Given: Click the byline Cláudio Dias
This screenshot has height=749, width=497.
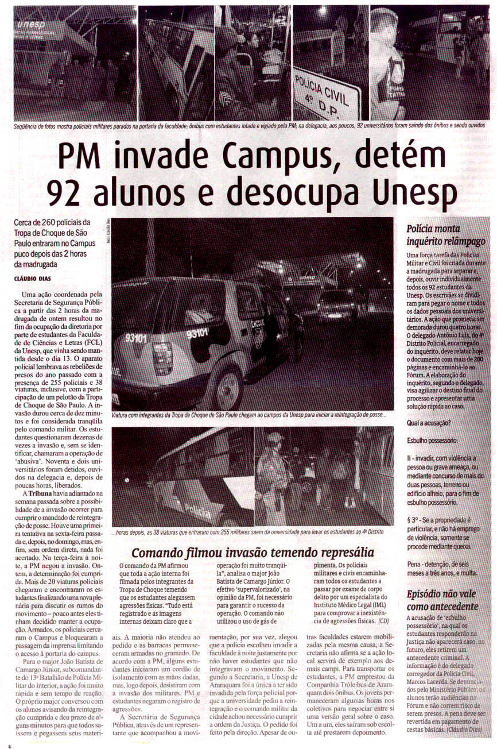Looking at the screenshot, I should (x=35, y=278).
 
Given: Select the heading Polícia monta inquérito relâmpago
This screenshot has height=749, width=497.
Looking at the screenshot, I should (x=446, y=235).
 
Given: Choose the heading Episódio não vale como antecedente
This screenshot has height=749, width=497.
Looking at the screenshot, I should (x=442, y=600).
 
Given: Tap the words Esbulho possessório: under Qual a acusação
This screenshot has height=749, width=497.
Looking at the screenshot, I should (x=432, y=441).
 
